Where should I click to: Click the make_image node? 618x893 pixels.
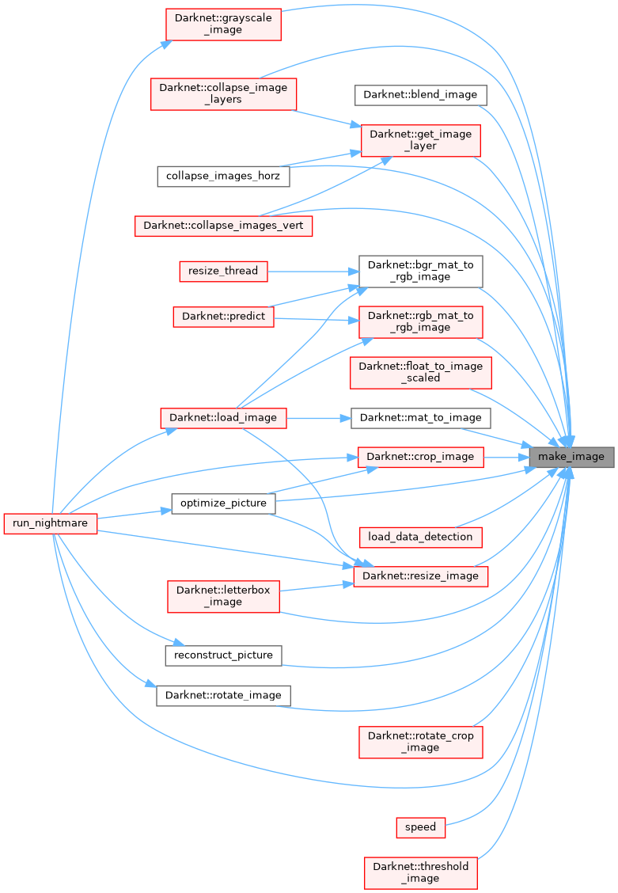coord(571,456)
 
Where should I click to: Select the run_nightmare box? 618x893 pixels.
coord(51,523)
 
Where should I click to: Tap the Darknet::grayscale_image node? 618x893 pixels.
coord(223,24)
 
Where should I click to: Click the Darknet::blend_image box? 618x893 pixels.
coord(420,94)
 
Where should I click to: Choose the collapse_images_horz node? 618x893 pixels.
coord(223,176)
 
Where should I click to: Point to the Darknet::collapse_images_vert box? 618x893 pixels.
coord(223,226)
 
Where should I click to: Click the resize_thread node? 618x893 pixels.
coord(223,271)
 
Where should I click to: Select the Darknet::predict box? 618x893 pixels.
coord(223,316)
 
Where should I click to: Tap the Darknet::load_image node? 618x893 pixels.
coord(223,417)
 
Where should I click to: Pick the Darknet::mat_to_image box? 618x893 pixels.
coord(420,417)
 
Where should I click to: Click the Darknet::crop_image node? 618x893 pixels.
coord(420,456)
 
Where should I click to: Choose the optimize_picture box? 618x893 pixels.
coord(223,503)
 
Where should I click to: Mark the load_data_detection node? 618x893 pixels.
coord(420,537)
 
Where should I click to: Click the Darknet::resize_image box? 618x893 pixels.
coord(420,576)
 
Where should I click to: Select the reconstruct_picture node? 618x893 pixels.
coord(223,655)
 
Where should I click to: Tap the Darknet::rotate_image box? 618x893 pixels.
coord(223,695)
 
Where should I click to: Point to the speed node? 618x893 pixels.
coord(420,827)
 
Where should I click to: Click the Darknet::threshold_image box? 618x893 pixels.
coord(420,872)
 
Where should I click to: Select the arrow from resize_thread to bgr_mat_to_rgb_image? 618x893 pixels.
coord(313,271)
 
